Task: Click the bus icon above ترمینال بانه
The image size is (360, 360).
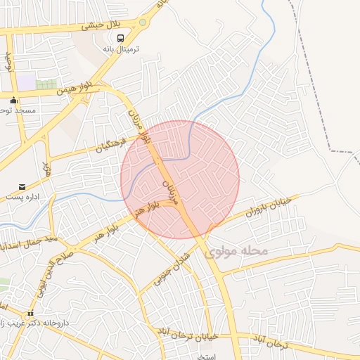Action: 120,39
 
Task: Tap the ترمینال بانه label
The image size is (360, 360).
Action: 122,49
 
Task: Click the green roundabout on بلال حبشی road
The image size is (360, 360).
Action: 143,22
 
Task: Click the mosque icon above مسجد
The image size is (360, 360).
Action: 13,101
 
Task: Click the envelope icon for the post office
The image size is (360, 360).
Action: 22,187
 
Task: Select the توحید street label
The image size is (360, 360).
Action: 9,62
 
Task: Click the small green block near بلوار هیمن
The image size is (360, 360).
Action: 46,84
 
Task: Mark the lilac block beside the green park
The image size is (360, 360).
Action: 26,83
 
